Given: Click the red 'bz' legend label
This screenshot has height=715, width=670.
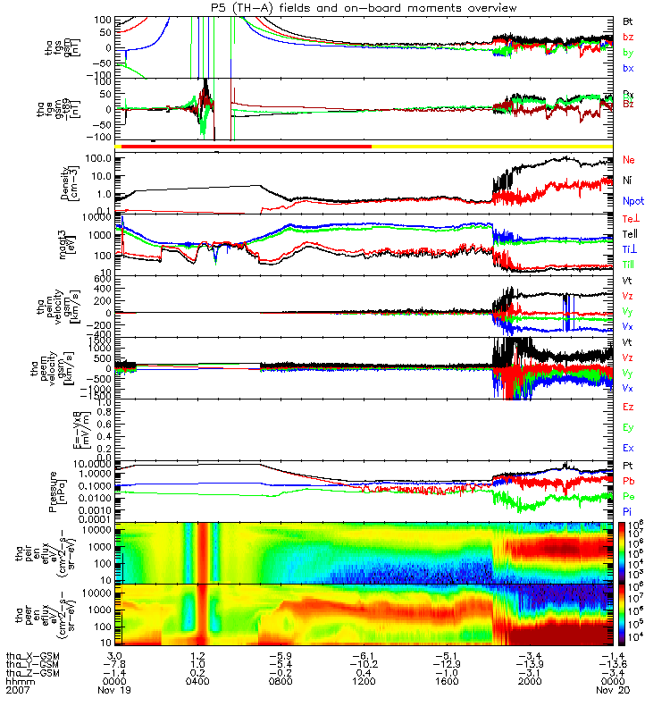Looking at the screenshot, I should coord(628,37).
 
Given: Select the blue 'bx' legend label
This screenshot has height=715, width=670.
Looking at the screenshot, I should coord(628,69).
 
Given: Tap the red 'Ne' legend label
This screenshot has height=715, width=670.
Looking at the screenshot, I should coord(629,159).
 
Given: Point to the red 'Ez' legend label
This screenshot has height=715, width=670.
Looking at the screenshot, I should coord(629,408).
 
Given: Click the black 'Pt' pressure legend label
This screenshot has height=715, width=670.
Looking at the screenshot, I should coord(628,467).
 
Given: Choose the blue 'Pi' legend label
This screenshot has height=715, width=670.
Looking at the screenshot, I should coord(628,510).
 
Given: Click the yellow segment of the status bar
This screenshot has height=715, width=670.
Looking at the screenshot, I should coord(491,145).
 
